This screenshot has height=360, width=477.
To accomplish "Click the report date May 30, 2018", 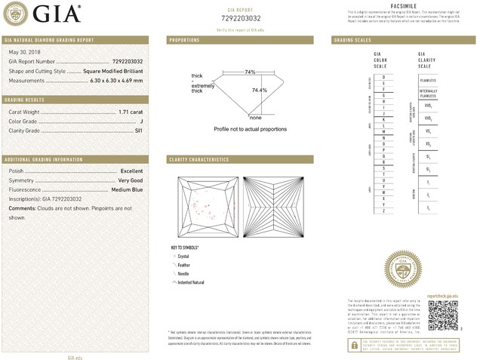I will click(23, 51).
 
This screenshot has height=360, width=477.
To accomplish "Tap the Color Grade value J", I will click(141, 121).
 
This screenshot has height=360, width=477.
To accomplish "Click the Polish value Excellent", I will click(131, 171).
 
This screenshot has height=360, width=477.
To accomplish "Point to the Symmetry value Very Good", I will click(129, 180).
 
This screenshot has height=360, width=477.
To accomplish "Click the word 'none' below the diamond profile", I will click(255, 118).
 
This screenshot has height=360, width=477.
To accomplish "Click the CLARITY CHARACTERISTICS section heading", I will click(198, 160).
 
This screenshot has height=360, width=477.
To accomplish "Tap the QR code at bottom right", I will click(444, 313).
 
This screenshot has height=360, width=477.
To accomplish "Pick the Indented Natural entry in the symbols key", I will click(191, 282).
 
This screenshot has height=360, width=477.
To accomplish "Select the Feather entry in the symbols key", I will click(186, 265).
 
